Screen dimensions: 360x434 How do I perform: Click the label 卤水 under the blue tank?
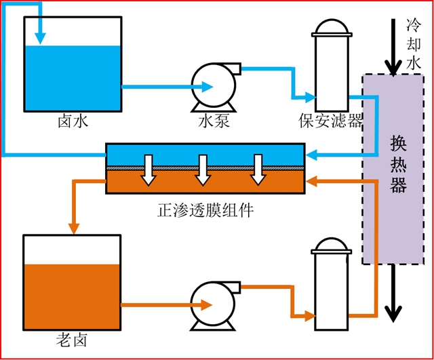click(x=73, y=122)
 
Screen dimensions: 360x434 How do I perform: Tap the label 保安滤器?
click(x=330, y=121)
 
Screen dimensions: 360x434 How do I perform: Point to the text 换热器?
click(x=398, y=165)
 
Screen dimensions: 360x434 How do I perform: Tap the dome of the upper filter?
click(x=330, y=24)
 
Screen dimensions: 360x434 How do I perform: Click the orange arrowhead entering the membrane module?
click(x=313, y=181)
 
